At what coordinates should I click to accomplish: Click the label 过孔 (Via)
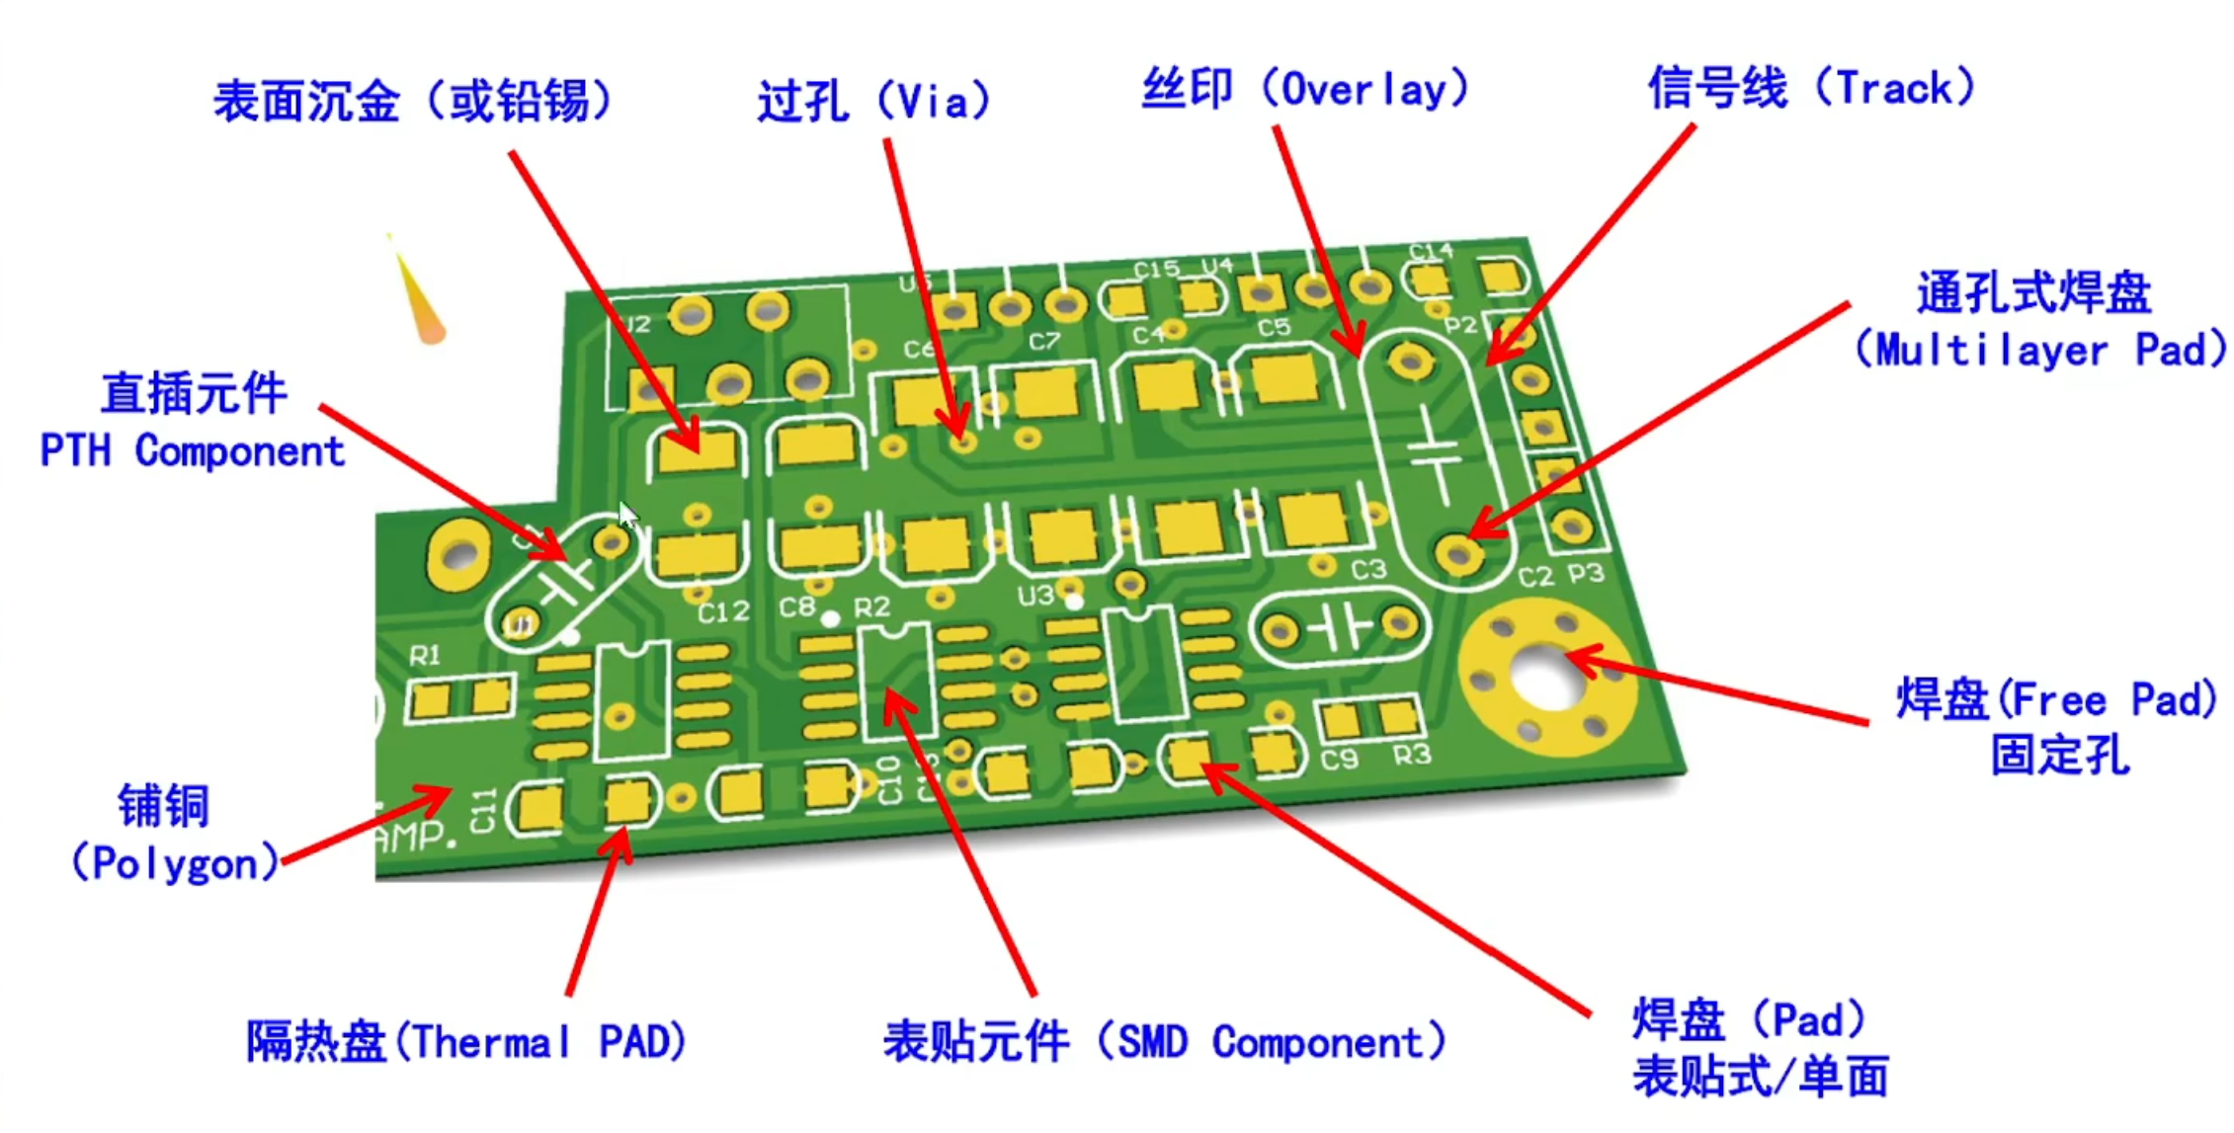pyautogui.click(x=873, y=101)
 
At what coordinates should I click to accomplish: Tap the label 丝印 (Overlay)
pyautogui.click(x=1304, y=89)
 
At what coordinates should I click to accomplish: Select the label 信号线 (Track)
pyautogui.click(x=1811, y=88)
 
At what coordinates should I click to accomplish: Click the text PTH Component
pyautogui.click(x=192, y=451)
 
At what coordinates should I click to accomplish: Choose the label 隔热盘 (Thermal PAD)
pyautogui.click(x=465, y=1041)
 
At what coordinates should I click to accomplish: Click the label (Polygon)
pyautogui.click(x=174, y=863)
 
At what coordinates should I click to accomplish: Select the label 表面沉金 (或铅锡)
pyautogui.click(x=413, y=101)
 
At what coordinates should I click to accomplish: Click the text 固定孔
pyautogui.click(x=2059, y=756)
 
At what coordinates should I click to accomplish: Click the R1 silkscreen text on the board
pyautogui.click(x=425, y=655)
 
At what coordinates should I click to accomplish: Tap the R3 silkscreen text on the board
pyautogui.click(x=1411, y=756)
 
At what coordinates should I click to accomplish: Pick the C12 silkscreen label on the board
pyautogui.click(x=723, y=612)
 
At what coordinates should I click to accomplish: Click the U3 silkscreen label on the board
pyautogui.click(x=1035, y=596)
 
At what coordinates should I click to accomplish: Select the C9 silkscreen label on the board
pyautogui.click(x=1339, y=760)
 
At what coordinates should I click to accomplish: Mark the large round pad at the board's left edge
pyautogui.click(x=457, y=555)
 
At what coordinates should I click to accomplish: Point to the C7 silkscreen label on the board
pyautogui.click(x=1044, y=342)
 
